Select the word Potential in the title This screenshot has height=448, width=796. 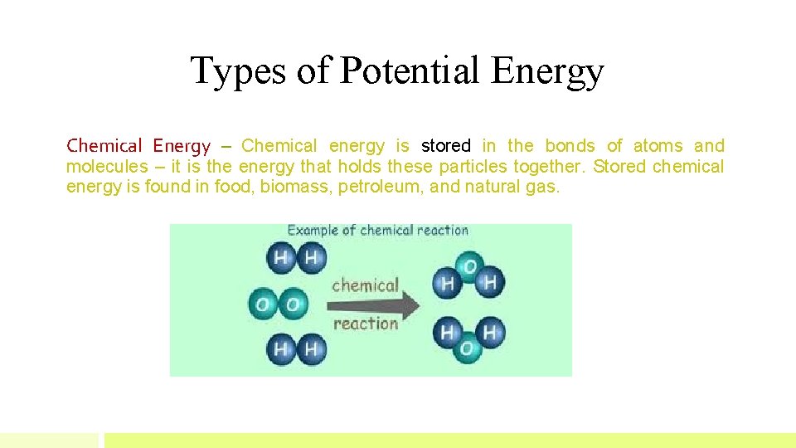point(411,71)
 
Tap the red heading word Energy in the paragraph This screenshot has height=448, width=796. point(182,146)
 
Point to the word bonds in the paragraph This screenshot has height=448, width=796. point(570,146)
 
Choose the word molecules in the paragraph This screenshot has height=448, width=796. point(104,167)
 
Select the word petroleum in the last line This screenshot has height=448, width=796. point(382,187)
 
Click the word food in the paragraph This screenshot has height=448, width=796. point(233,187)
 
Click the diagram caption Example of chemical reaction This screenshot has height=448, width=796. point(377,231)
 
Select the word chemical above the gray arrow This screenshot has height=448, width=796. point(365,285)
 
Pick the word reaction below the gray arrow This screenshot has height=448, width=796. point(366,324)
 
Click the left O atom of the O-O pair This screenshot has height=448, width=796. point(263,304)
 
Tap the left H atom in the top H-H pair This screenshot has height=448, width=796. point(280,258)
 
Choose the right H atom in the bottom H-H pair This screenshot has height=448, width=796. point(310,349)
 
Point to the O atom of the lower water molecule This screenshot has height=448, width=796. point(467,348)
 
